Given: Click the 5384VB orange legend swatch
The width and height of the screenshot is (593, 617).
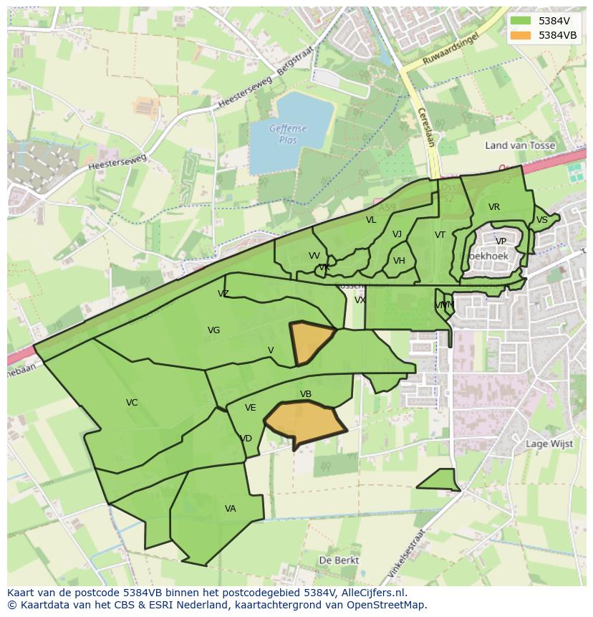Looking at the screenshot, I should pos(521,35).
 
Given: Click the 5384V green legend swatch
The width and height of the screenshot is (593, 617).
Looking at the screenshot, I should pos(521,21).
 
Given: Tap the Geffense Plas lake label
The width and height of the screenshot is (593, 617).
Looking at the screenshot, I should pos(288,134).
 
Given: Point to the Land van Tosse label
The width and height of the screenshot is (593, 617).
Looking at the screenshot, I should pos(520,145).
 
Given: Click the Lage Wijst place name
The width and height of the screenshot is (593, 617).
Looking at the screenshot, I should pos(549,444).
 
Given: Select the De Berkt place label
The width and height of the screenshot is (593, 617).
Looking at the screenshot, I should pos(339,560).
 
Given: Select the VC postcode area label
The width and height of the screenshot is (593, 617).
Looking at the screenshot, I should pos(132,403).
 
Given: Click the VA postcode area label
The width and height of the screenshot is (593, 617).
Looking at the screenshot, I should pos(230,509).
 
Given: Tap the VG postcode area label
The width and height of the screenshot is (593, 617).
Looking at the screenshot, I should pos(213,330).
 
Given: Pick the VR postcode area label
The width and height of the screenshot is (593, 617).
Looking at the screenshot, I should pos(494,207).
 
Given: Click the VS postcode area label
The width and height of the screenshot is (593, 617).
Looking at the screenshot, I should pos(542,220).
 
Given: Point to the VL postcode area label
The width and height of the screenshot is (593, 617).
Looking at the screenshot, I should pos(371,220).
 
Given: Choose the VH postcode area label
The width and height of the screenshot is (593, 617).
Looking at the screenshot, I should pos(399,261).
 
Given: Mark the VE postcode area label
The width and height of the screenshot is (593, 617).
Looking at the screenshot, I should pos(250,408).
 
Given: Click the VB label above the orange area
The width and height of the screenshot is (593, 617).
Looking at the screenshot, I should pos(306,394).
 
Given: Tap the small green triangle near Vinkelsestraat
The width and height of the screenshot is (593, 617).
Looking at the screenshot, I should pos(442,481).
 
